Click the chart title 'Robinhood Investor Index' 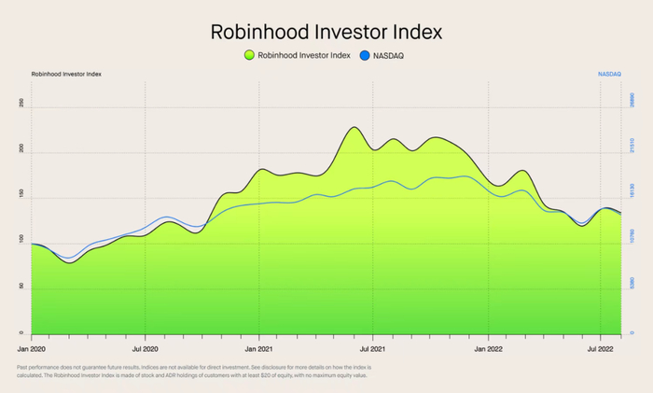point(326,32)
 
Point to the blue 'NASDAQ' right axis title point(609,73)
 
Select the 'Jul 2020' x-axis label point(146,347)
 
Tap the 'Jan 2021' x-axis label point(259,347)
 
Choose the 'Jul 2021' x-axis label point(373,347)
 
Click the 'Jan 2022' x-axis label point(488,347)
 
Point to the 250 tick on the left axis point(21,105)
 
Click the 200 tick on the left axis point(21,151)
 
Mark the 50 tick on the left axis point(21,288)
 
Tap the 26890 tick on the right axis point(632,100)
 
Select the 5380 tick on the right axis point(632,282)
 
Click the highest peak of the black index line point(354,127)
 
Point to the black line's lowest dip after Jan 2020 point(69,263)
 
